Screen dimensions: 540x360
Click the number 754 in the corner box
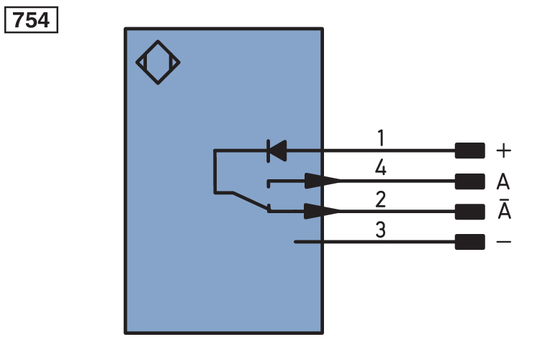pos(31,20)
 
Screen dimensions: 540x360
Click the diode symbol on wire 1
pos(277,150)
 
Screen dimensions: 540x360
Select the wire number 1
pos(381,138)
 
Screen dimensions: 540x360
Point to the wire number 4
pos(381,168)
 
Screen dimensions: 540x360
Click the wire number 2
pos(381,199)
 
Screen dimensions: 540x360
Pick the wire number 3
pos(381,230)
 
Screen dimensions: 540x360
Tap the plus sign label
pos(503,150)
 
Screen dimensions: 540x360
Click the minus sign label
pos(503,242)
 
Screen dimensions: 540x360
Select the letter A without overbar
pos(503,181)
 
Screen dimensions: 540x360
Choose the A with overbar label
pos(504,209)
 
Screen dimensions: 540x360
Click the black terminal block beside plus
pos(469,150)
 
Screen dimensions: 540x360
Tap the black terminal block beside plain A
pos(469,181)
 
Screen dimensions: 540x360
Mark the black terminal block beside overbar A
pos(469,212)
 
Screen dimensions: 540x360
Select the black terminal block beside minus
pos(469,242)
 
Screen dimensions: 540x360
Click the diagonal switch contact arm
pos(251,200)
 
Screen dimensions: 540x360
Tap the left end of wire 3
pos(295,242)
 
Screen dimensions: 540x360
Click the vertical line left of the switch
pos(215,171)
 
